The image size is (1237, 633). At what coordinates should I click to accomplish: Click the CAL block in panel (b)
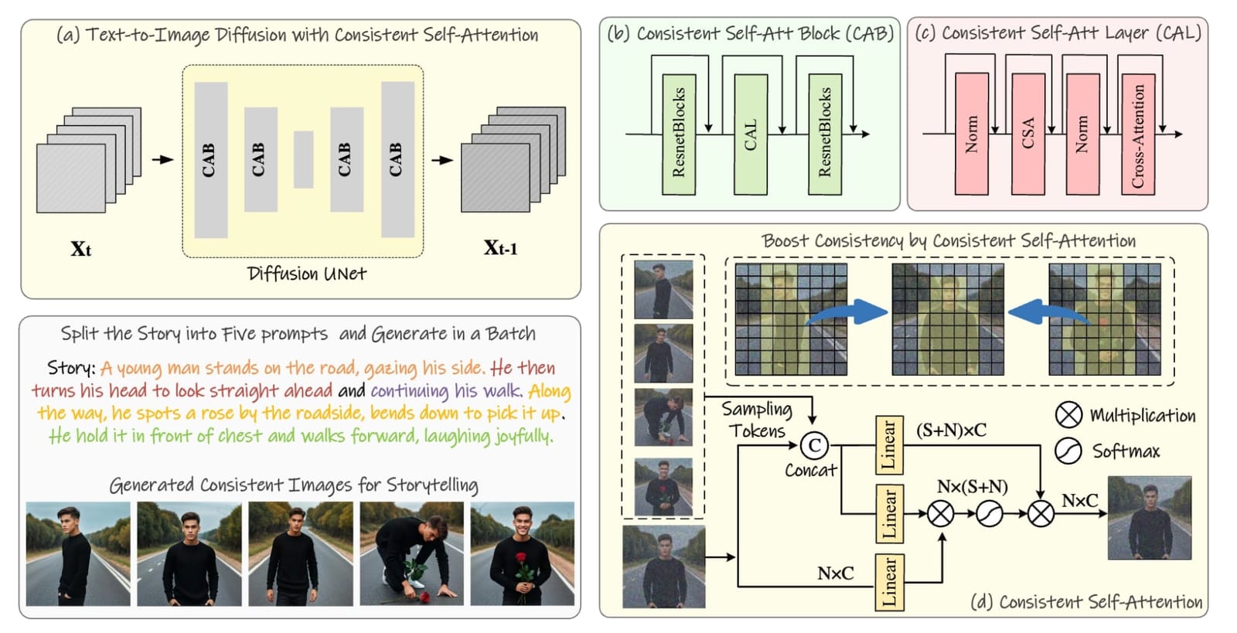(x=751, y=134)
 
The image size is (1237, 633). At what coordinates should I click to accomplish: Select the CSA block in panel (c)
(x=1027, y=134)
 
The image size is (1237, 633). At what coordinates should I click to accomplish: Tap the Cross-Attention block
(x=1138, y=134)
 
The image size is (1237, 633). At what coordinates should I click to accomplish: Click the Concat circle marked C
(x=815, y=445)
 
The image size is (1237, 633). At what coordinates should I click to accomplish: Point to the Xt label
(x=80, y=249)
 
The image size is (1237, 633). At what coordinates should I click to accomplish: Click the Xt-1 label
(x=500, y=248)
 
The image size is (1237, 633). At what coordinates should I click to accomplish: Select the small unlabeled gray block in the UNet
(x=303, y=159)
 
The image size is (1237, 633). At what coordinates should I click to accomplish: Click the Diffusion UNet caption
(x=306, y=274)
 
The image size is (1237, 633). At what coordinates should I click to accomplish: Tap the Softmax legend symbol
(x=1068, y=451)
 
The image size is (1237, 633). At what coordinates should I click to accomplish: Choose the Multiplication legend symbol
(x=1068, y=415)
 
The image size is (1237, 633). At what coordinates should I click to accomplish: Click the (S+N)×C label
(x=951, y=430)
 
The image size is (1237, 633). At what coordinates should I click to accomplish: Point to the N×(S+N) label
(x=972, y=486)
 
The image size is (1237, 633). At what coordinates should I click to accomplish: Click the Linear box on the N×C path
(x=890, y=582)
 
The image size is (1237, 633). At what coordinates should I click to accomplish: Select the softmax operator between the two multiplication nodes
(x=990, y=514)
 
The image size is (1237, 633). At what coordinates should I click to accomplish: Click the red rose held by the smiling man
(x=521, y=560)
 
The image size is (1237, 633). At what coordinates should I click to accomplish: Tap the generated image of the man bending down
(x=411, y=553)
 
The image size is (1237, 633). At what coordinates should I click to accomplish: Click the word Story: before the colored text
(x=71, y=368)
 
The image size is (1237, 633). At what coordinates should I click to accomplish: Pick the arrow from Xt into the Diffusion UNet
(x=163, y=159)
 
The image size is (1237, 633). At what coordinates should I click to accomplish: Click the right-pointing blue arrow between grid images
(x=847, y=313)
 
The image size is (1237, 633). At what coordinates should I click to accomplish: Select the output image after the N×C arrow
(x=1150, y=518)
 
